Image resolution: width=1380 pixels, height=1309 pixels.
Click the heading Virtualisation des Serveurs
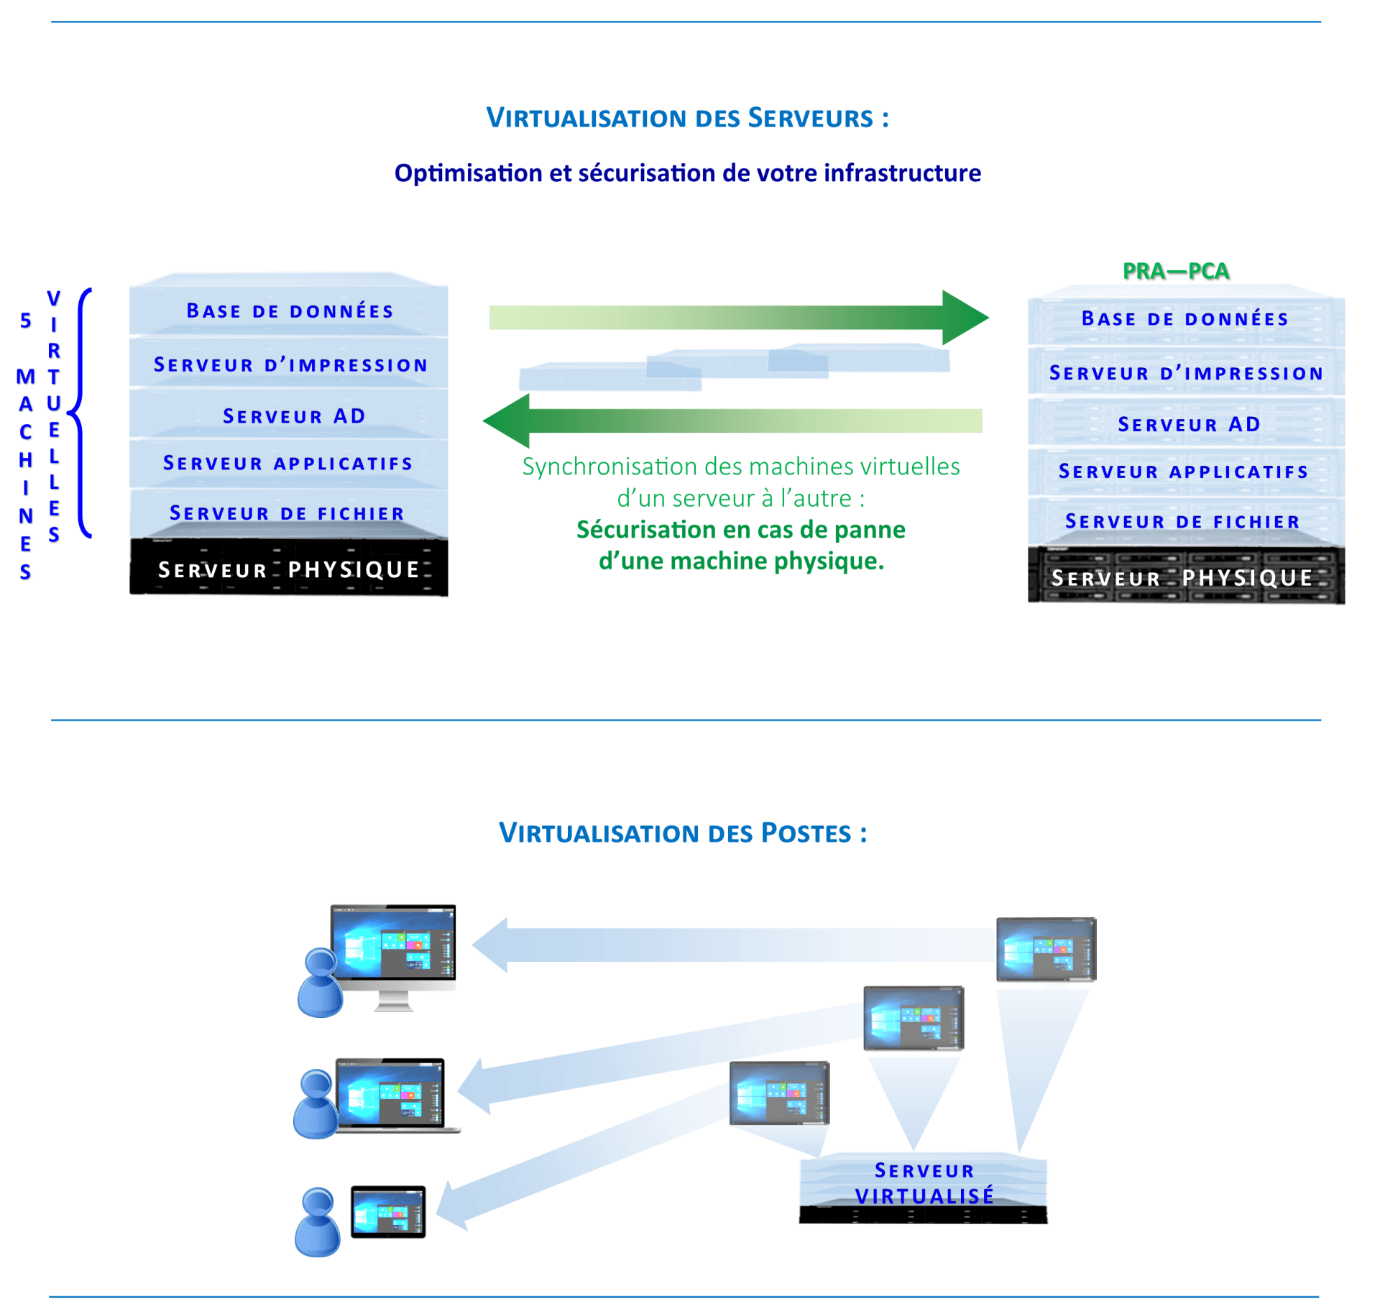tap(687, 118)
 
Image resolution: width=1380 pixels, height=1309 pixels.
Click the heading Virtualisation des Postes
tap(682, 833)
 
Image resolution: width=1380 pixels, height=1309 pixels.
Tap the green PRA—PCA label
tap(1176, 271)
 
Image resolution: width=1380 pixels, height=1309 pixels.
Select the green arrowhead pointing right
tap(965, 317)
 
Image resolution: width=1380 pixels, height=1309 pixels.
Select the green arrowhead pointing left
tap(507, 421)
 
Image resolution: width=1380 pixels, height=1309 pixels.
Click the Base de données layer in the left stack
tap(290, 311)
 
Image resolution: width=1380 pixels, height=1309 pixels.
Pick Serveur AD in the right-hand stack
tap(1189, 424)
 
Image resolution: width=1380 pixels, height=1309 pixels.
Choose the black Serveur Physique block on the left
tap(289, 569)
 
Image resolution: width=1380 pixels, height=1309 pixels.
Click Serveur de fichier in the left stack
tap(287, 513)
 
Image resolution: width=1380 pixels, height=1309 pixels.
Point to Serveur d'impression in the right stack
tap(1186, 373)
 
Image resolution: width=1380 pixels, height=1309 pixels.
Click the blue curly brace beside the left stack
tap(81, 413)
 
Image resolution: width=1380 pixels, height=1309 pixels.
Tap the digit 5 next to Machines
tap(26, 321)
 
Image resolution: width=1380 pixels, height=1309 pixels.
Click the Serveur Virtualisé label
tap(924, 1184)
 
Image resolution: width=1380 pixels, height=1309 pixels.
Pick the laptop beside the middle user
tap(392, 1094)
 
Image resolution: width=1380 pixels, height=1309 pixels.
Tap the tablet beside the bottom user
tap(388, 1212)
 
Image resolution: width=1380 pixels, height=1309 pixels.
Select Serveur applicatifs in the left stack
tap(288, 464)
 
